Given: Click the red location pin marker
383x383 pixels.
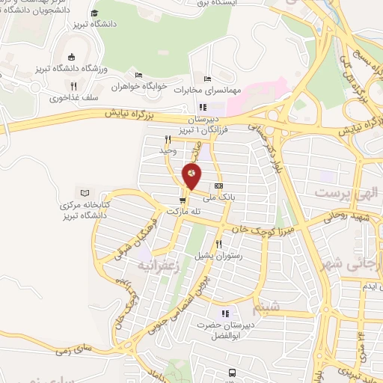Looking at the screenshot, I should point(191,177).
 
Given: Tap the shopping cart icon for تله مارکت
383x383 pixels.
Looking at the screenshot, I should point(183,200).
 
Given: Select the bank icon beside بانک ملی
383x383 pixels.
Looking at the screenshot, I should point(218,186).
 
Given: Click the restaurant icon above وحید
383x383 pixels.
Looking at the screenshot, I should point(168,139).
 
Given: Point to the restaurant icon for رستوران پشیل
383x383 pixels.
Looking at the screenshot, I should point(218,244).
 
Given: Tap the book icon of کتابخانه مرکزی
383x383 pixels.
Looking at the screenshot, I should point(83,194).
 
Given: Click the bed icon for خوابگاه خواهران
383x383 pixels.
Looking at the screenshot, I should point(138,76).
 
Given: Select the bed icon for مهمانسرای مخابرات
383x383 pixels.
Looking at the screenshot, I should point(207,79).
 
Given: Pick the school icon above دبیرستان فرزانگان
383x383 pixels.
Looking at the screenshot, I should point(202,107).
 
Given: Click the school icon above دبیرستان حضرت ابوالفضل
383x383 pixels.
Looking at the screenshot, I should point(224,313).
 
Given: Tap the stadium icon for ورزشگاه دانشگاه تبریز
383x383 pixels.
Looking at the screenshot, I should point(70,58).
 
